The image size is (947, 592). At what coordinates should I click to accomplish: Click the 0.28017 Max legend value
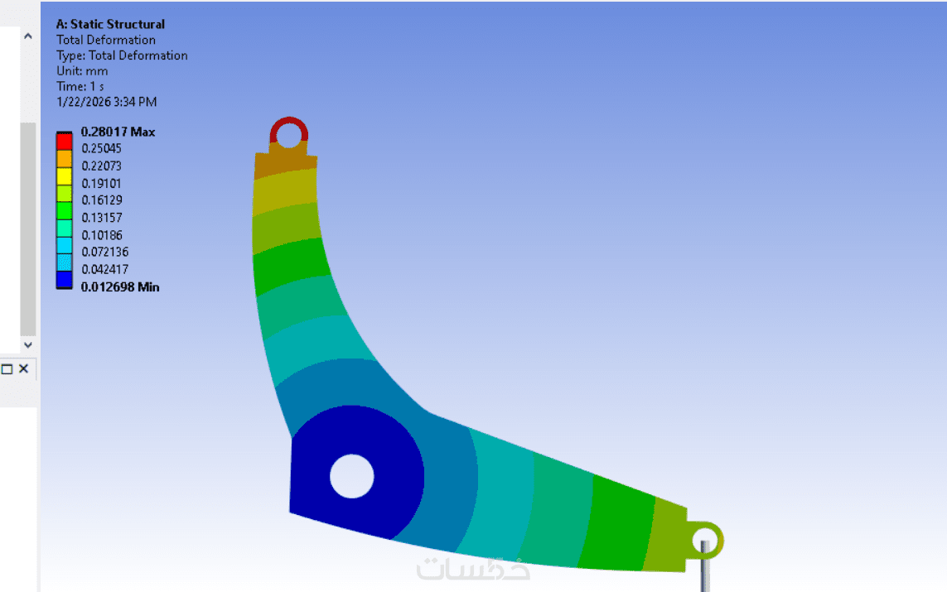[x=118, y=132]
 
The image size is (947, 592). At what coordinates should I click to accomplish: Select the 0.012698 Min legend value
[x=120, y=287]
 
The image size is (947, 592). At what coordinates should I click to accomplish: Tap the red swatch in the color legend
[x=64, y=142]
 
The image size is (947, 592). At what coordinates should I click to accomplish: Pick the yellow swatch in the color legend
[x=64, y=176]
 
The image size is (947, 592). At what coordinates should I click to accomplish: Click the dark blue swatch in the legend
[x=64, y=280]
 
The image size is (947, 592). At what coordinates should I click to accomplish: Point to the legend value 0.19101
[x=101, y=184]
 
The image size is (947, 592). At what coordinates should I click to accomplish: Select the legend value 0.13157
[x=101, y=218]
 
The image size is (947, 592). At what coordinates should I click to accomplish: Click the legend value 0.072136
[x=105, y=253]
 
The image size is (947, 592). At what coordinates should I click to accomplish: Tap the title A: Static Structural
[x=110, y=24]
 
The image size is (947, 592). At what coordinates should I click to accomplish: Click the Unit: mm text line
[x=82, y=71]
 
